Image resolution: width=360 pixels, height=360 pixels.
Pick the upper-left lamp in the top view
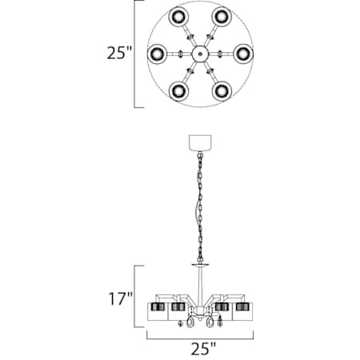(176, 18)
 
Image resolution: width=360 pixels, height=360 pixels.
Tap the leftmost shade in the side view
(157, 310)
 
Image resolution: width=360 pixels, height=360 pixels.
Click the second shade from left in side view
(178, 310)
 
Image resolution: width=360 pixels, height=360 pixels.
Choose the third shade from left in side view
(221, 310)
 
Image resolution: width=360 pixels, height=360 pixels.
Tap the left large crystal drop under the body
(190, 323)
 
